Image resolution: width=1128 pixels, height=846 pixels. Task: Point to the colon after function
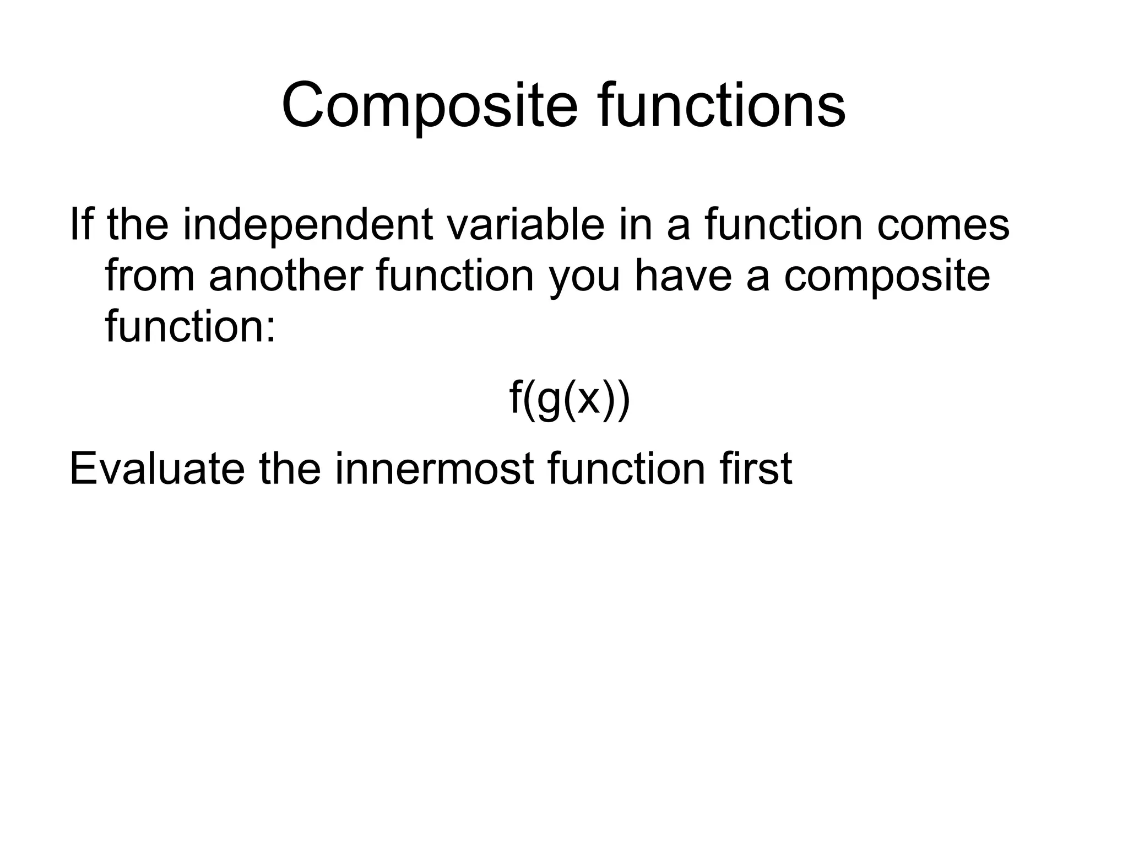click(269, 329)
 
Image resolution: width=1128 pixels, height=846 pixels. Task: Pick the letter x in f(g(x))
click(588, 400)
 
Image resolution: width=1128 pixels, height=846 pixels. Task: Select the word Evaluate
click(156, 468)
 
